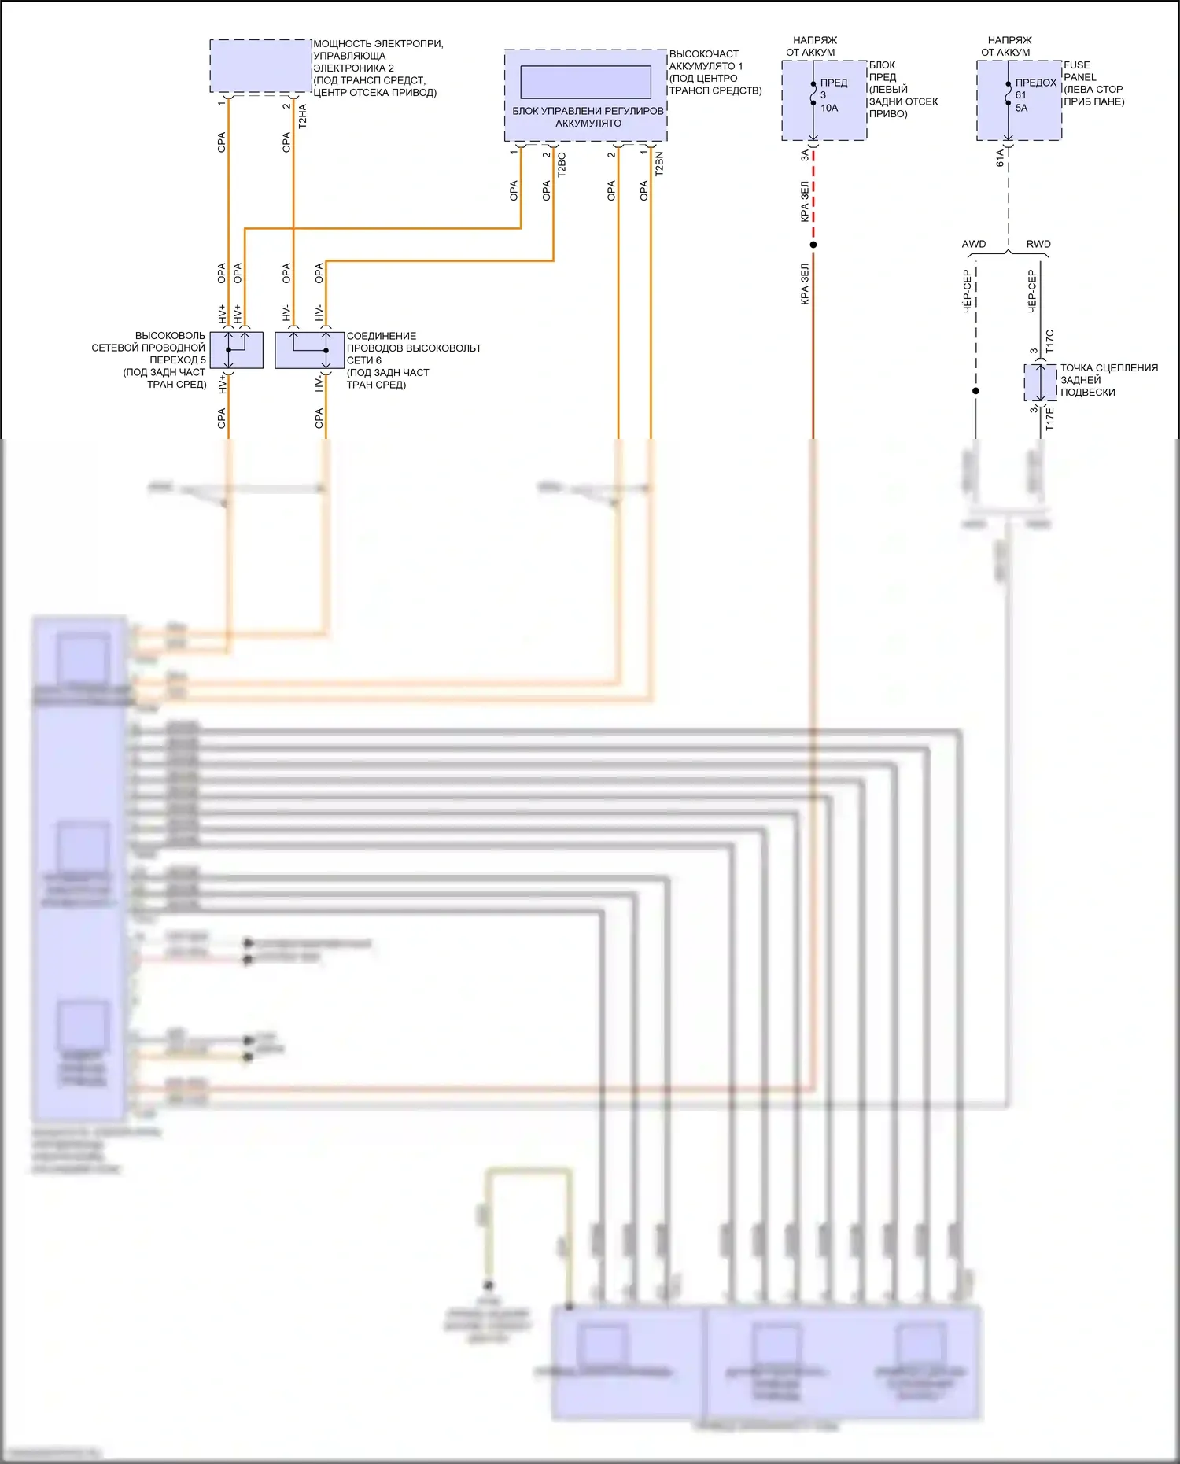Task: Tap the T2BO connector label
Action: (562, 164)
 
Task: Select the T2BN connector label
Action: (659, 164)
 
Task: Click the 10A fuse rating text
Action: (829, 108)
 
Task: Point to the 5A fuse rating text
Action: (1021, 108)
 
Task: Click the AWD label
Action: (974, 244)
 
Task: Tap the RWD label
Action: (1038, 244)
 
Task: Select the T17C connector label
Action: (1050, 341)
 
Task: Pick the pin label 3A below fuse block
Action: (805, 156)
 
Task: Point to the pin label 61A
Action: (1000, 157)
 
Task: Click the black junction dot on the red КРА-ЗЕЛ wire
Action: (813, 245)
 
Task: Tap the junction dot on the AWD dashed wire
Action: (975, 391)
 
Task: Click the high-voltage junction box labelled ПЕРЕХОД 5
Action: (236, 350)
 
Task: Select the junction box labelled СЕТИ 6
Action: (309, 350)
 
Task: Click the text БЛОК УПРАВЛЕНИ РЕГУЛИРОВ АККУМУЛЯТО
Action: (588, 116)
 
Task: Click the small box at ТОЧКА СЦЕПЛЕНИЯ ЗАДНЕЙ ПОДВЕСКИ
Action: (1040, 383)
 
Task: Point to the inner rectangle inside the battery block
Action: (585, 82)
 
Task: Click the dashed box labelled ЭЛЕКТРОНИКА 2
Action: (260, 66)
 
